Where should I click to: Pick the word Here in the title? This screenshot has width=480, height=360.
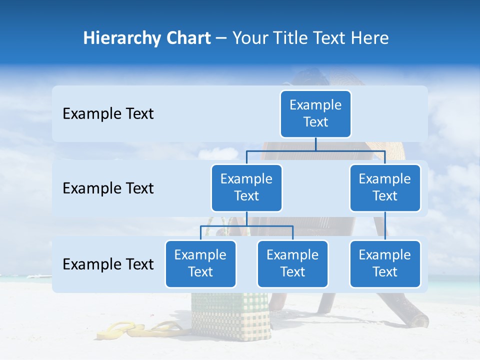pos(369,38)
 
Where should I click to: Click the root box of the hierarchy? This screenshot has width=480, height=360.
pos(315,113)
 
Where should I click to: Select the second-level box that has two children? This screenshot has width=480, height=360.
pos(246,187)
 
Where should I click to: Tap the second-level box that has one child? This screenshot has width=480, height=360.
pos(385,187)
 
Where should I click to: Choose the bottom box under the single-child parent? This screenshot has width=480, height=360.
pos(385,263)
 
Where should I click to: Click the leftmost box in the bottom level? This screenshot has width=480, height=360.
pos(200,263)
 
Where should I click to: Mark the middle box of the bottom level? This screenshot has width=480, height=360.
pos(292,263)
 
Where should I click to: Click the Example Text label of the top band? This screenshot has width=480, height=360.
pos(108,114)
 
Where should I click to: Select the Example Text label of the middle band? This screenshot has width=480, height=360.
pos(108,188)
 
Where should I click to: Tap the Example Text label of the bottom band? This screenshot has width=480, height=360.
pos(108,264)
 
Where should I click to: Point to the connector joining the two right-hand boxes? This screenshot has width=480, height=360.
pos(385,225)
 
